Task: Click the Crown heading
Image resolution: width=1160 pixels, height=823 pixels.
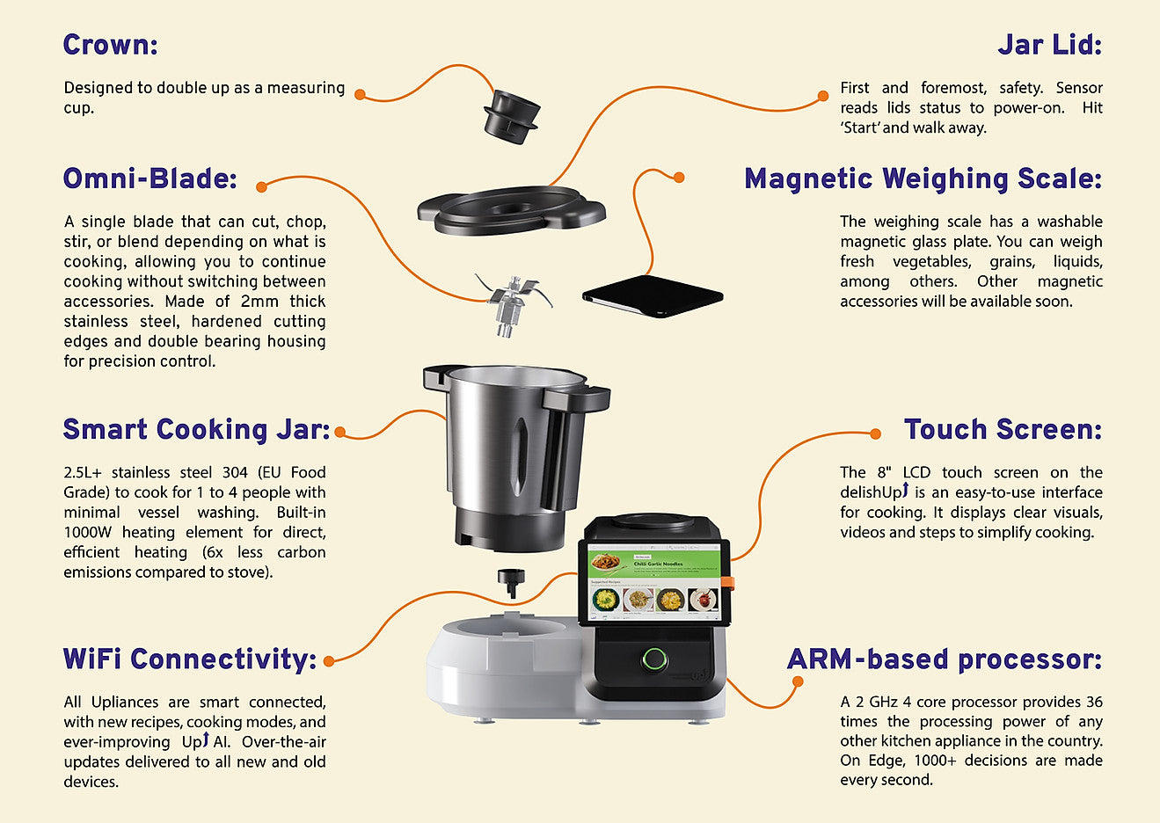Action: [x=110, y=44]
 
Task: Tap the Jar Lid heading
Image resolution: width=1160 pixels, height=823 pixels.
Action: [x=1049, y=44]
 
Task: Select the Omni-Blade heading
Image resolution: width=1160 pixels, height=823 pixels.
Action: [x=150, y=178]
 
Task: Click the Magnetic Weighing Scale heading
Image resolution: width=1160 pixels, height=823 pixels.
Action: [x=923, y=178]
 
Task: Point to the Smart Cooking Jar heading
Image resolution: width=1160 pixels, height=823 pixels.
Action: [x=196, y=429]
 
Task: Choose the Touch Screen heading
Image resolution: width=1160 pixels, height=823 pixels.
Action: [x=1003, y=429]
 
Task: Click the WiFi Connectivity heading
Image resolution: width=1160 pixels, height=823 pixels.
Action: [x=189, y=659]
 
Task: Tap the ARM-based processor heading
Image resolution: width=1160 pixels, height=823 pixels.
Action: [x=944, y=659]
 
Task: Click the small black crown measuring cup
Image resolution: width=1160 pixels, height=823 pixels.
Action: [x=511, y=115]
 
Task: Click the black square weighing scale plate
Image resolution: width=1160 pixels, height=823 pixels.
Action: [x=653, y=295]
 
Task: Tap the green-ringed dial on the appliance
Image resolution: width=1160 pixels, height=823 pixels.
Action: [x=653, y=659]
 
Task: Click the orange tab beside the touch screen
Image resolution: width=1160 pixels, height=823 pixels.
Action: [x=728, y=581]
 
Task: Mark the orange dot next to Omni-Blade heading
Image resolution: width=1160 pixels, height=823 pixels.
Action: [x=261, y=186]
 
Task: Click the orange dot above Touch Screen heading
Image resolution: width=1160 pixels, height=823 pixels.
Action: [x=875, y=433]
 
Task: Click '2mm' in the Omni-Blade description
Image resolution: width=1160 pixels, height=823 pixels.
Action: [x=259, y=302]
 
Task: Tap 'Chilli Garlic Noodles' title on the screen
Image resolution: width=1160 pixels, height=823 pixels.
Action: [x=659, y=564]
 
